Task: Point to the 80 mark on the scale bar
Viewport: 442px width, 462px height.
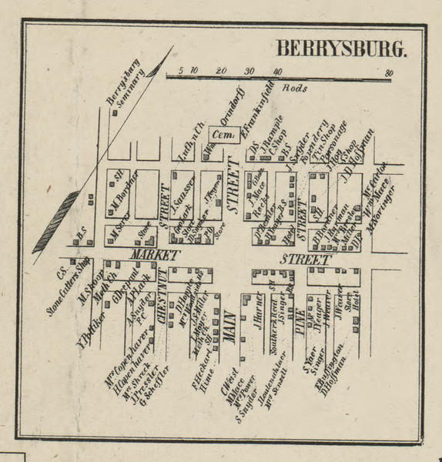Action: click(x=390, y=72)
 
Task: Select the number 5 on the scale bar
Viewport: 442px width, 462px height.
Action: click(x=179, y=71)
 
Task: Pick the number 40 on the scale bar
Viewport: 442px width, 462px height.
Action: click(x=276, y=72)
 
